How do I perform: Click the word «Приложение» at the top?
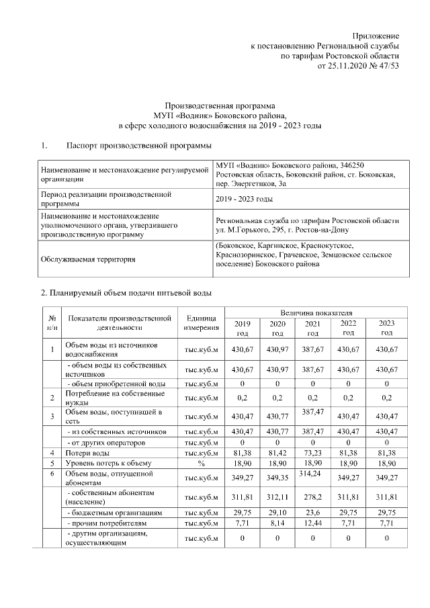[x=377, y=35]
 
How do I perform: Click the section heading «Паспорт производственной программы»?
[x=138, y=146]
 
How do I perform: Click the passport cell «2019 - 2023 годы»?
[x=245, y=199]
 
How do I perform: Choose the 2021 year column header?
[x=312, y=328]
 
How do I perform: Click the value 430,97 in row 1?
[x=277, y=349]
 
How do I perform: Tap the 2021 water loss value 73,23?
[x=312, y=453]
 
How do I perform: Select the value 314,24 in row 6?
[x=312, y=474]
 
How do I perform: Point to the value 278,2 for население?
[x=312, y=497]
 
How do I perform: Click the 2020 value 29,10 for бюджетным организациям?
[x=277, y=512]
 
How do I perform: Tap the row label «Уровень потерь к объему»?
[x=107, y=464]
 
